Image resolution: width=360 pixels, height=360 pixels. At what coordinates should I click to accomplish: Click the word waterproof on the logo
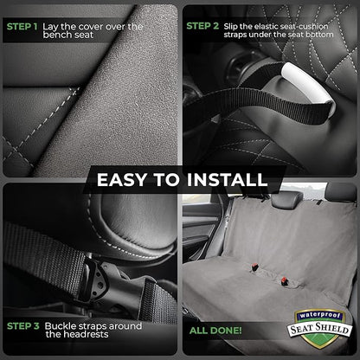tap(320, 315)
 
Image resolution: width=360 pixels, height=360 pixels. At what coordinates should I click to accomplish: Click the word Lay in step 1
tap(57, 26)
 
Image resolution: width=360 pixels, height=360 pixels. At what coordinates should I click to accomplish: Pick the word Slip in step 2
tap(238, 26)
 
